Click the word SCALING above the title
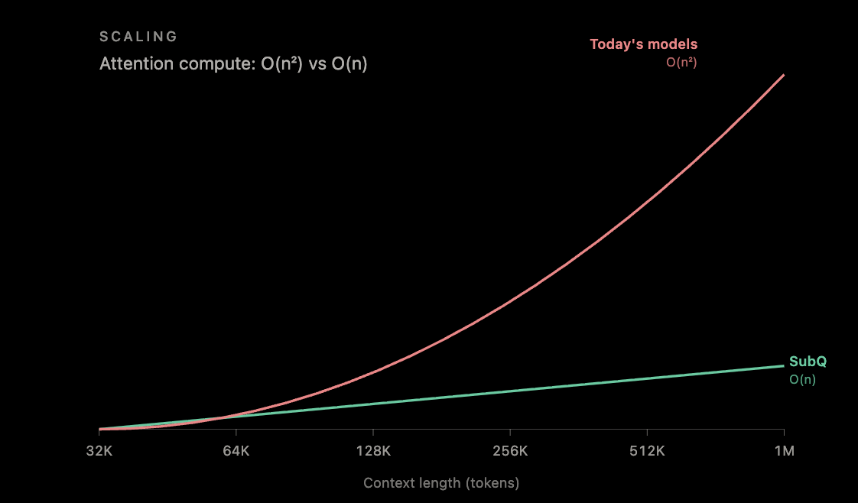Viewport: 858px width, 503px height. [x=138, y=37]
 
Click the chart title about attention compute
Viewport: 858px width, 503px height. [x=233, y=64]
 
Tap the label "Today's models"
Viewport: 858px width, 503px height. [x=644, y=44]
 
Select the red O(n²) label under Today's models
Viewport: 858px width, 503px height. [x=681, y=63]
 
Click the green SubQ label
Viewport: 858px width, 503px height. [x=808, y=362]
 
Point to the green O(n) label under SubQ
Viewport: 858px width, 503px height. [x=802, y=379]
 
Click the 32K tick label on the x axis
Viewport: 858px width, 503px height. [x=99, y=451]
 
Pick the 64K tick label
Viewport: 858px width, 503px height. [x=236, y=451]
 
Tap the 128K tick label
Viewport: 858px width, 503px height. [x=373, y=451]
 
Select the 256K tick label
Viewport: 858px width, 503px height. [x=510, y=451]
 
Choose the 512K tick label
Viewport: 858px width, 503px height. [x=648, y=451]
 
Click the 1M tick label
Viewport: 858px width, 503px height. [x=784, y=451]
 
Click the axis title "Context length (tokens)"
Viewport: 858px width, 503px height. [x=441, y=483]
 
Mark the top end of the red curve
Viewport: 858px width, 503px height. [x=784, y=75]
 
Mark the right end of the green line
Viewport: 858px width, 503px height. [x=784, y=365]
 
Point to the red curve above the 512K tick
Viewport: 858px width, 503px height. [x=648, y=201]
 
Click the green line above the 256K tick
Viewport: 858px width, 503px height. [x=510, y=391]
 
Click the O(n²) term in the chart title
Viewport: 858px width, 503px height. [x=282, y=64]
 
